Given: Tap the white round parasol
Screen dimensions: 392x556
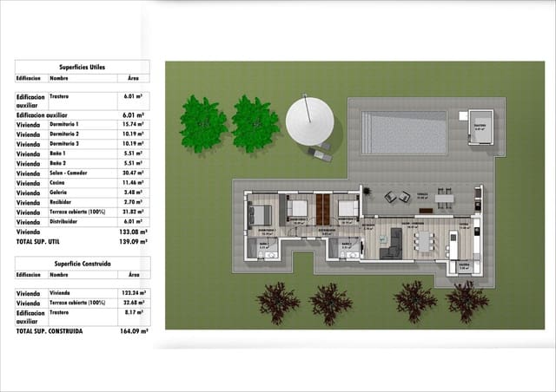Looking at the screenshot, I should click(309, 121).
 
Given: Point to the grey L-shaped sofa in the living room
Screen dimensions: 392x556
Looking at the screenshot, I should click(393, 244).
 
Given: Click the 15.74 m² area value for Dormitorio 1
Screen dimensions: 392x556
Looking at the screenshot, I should click(133, 124).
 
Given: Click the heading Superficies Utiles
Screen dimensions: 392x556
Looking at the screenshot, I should click(83, 66).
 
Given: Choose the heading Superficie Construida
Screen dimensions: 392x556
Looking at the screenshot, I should click(83, 261).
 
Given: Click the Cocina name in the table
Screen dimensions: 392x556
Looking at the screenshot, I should click(59, 182).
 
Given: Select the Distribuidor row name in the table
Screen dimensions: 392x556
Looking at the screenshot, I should click(68, 221).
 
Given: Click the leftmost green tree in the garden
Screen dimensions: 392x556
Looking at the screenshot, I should click(203, 123).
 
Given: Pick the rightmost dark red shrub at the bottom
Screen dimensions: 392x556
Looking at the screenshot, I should click(467, 301).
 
